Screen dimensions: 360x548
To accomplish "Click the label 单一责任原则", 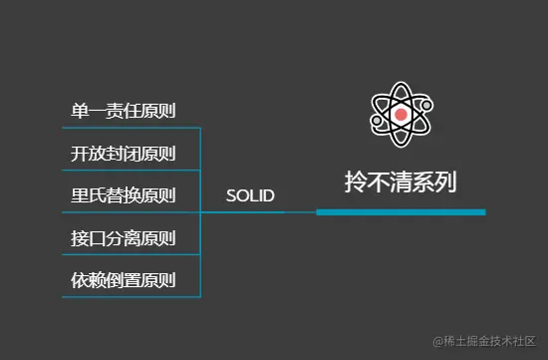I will (124, 111).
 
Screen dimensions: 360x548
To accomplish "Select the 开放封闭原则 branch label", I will (124, 154).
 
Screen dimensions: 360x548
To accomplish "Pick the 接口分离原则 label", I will (124, 238).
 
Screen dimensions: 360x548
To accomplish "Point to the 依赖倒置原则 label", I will (124, 280).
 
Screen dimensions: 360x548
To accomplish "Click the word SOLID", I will (250, 195).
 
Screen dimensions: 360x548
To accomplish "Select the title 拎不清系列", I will (401, 182).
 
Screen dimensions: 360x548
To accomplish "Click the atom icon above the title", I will (401, 116).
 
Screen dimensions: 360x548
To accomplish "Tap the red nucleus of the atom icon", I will (401, 116).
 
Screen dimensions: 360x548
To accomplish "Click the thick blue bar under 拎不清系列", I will (401, 211).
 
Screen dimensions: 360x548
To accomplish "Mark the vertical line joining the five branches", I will (201, 211).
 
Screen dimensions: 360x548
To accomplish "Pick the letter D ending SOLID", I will (269, 195).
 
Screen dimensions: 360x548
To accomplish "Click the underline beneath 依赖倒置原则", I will (130, 296).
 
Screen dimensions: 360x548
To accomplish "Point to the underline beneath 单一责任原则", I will (130, 128).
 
